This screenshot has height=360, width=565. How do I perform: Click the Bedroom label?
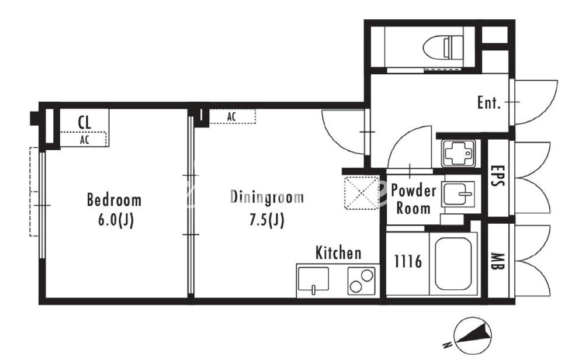coord(114,200)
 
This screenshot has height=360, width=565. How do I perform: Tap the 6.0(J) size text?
coord(116,220)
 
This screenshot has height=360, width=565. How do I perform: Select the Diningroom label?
coord(267,197)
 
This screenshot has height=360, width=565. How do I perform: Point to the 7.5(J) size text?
coord(267,220)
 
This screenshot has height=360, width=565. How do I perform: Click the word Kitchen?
coord(338,253)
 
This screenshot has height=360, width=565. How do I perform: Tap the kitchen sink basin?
coord(313,279)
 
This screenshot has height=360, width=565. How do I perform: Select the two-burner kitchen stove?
coord(361,281)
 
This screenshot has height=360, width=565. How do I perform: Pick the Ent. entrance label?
coord(489,103)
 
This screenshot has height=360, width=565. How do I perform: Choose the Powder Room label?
coord(413,199)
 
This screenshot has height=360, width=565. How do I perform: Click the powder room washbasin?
coord(458,193)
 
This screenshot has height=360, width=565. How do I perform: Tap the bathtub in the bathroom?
coord(453,264)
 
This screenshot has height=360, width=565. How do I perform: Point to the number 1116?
coord(408,261)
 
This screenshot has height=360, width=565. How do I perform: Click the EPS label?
coord(498,176)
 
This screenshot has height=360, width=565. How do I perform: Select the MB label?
coord(498,262)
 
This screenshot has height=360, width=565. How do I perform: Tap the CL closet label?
coord(84,123)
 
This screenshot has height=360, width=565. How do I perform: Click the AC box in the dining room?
coord(233,117)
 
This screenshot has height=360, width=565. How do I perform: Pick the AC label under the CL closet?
coord(84,140)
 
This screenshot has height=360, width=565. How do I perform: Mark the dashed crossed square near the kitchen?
coord(362,193)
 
